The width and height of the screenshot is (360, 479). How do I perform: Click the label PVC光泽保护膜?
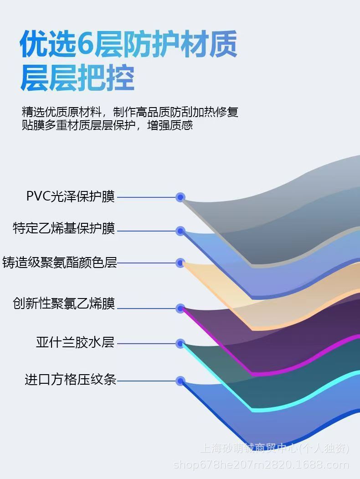pos(70,196)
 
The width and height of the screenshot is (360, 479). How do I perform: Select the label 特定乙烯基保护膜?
pos(64,228)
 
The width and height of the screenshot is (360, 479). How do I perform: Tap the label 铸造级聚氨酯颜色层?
pos(60,263)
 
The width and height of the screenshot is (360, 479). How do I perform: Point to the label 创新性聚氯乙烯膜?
pos(64,303)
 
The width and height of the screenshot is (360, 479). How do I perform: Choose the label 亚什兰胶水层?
pos(75,342)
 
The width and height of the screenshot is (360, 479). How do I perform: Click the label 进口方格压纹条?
pos(70,379)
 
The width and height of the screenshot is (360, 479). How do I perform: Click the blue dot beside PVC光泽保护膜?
pos(180,197)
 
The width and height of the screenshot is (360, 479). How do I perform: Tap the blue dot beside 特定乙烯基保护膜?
pos(180,231)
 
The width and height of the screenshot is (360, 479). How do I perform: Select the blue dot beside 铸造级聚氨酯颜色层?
pos(180,263)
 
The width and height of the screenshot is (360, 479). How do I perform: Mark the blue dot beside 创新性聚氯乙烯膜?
pos(180,309)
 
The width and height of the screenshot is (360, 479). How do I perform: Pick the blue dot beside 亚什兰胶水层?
pos(180,343)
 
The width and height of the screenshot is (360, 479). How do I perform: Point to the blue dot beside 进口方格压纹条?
pos(180,381)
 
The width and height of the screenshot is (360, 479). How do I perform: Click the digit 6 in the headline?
pos(85,45)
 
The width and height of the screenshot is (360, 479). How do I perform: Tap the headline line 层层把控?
pos(77,78)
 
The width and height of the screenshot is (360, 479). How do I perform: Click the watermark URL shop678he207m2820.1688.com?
pos(261,465)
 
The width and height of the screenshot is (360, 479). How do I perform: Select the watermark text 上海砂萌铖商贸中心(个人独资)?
pos(274,449)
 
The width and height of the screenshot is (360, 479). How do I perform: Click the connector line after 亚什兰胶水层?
pos(147,343)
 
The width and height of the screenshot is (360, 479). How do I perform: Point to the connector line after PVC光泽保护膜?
pos(147,197)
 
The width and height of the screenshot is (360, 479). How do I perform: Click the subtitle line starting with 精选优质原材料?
pos(130,112)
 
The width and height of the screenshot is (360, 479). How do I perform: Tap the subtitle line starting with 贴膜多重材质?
pos(107,125)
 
